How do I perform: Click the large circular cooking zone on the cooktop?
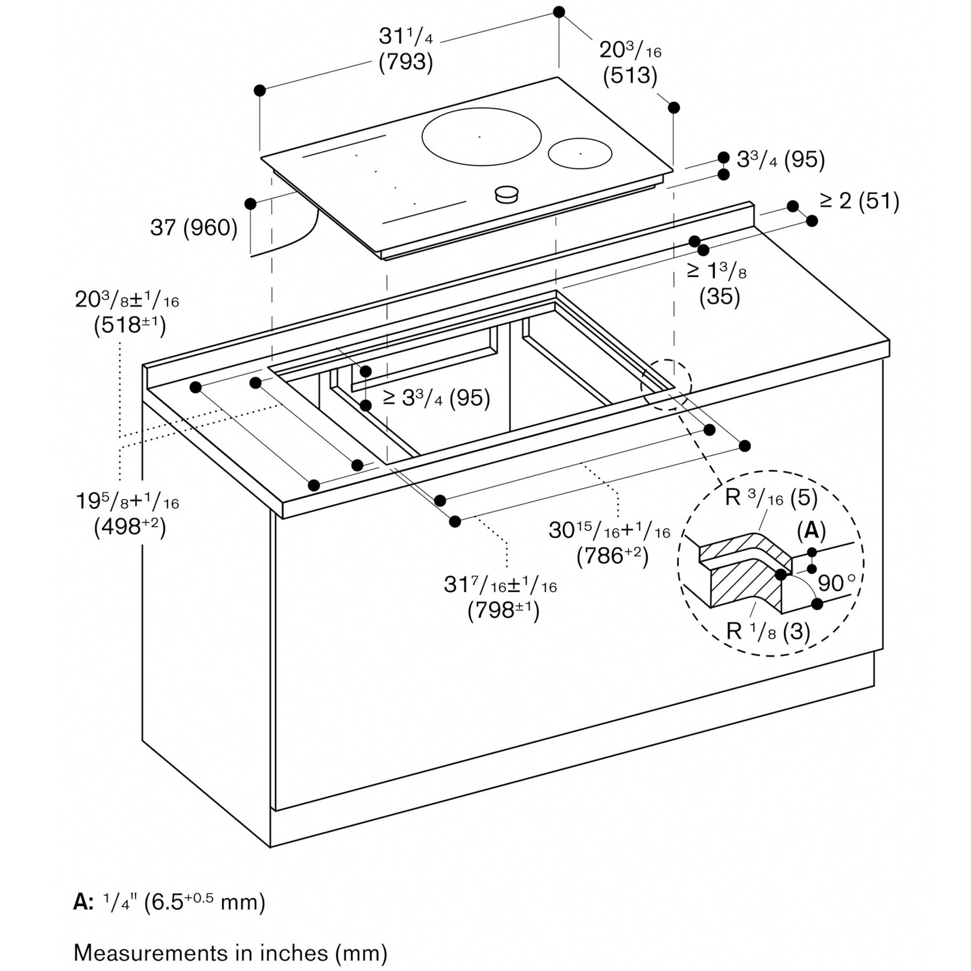(x=481, y=137)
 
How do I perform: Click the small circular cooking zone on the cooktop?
(x=580, y=153)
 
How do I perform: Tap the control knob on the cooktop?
(x=506, y=194)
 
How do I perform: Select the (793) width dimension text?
(x=405, y=62)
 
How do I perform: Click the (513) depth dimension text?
(x=630, y=76)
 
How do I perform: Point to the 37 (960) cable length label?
(x=194, y=228)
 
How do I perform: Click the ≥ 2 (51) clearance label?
(x=859, y=201)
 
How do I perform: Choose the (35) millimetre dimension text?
(x=719, y=297)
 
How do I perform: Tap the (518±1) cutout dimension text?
(x=129, y=325)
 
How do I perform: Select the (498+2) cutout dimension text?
(x=129, y=526)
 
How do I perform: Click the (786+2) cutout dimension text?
(x=612, y=555)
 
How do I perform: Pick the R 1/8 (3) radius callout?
(x=768, y=631)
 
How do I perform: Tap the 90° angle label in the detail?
(x=836, y=583)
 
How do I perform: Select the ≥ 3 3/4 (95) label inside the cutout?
(x=436, y=398)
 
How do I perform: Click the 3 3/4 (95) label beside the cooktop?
(x=781, y=160)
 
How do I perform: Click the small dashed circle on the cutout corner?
(x=666, y=384)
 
